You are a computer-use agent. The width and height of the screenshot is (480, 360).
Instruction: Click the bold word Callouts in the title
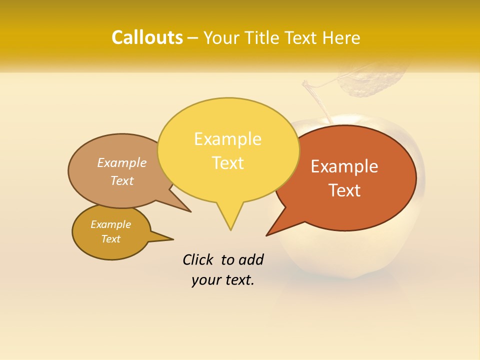click(147, 37)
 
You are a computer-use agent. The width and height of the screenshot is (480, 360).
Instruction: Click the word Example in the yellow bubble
click(227, 139)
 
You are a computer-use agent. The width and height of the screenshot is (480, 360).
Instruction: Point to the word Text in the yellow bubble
click(228, 163)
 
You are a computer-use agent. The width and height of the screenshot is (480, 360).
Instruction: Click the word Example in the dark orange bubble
click(344, 166)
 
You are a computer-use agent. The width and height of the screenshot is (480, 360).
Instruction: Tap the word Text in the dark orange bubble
click(345, 190)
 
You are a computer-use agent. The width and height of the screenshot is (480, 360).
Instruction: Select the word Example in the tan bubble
click(122, 162)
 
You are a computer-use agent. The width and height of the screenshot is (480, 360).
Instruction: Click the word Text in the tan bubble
click(122, 180)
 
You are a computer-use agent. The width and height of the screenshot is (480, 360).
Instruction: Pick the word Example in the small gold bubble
click(110, 224)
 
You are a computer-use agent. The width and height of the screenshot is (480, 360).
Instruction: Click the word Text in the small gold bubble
click(110, 239)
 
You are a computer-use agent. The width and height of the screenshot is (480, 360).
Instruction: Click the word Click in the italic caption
click(198, 259)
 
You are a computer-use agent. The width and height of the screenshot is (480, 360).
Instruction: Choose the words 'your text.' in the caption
click(223, 280)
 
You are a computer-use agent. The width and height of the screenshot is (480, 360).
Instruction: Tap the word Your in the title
click(220, 38)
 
